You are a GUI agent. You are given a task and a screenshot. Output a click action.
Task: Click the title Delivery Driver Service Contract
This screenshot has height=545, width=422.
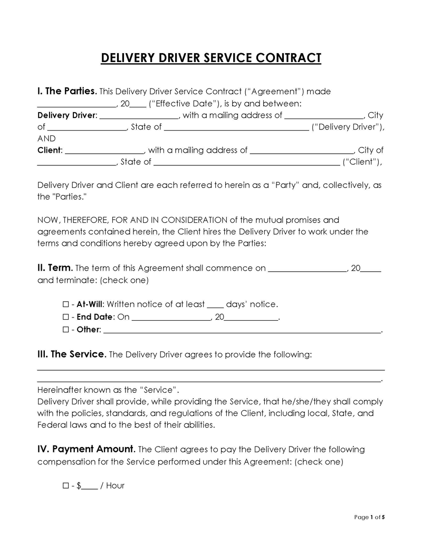[x=210, y=57]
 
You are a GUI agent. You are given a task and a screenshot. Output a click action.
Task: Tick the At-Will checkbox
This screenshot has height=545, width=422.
[x=65, y=305]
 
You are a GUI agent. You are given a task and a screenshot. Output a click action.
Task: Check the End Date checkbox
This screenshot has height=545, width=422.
[x=65, y=318]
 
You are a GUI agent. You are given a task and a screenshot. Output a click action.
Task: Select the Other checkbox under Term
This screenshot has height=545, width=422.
[x=65, y=330]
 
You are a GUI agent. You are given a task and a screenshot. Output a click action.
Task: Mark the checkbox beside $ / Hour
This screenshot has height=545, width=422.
[x=65, y=486]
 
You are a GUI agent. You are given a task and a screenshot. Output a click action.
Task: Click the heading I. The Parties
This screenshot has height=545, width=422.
[x=67, y=91]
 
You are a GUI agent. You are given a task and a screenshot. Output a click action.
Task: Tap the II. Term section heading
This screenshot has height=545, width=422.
[x=55, y=268]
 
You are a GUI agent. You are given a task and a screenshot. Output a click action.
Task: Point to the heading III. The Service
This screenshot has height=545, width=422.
[x=72, y=354]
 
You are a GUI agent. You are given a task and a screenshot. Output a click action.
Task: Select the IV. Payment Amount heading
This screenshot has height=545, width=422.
[x=87, y=449]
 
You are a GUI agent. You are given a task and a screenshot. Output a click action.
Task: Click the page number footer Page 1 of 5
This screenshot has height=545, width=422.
[x=370, y=517]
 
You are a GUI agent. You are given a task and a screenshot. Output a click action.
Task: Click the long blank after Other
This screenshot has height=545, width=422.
[x=242, y=331]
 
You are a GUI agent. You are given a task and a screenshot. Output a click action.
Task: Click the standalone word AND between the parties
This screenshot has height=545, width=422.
[x=46, y=138]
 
